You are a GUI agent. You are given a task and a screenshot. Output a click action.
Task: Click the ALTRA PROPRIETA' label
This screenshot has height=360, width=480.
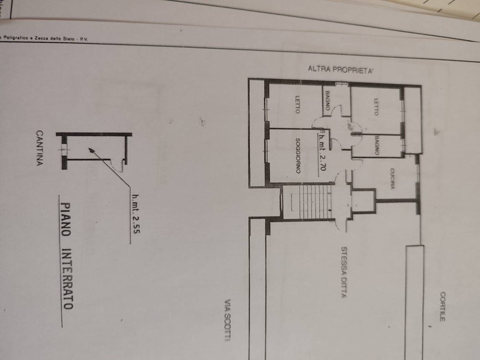click(340, 70)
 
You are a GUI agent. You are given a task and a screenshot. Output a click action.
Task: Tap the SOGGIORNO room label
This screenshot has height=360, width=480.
click(298, 156)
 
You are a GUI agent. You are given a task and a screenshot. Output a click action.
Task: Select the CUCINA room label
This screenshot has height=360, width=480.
click(392, 179)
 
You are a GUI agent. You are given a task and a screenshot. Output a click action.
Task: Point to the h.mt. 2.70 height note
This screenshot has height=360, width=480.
click(322, 152)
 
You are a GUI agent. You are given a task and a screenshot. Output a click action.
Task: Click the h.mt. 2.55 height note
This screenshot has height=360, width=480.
click(136, 214)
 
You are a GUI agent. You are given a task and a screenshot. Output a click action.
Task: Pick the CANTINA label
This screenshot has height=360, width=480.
click(40, 148)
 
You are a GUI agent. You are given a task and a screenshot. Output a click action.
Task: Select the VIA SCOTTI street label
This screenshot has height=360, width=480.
click(227, 320)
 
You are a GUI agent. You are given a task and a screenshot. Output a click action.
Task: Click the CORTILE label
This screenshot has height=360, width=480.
click(443, 306)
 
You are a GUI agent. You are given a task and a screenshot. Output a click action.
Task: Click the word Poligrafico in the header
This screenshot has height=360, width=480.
click(15, 38)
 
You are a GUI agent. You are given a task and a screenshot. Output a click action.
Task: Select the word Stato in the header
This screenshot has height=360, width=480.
click(69, 39)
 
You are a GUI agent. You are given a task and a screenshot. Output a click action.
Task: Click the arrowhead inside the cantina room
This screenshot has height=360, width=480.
click(92, 150)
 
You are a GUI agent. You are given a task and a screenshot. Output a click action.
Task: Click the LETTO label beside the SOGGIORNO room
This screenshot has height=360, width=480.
click(297, 104)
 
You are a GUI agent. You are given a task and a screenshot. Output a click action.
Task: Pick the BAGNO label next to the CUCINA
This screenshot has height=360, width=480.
click(376, 146)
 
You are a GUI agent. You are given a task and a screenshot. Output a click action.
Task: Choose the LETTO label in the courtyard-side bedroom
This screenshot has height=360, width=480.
click(376, 107)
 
